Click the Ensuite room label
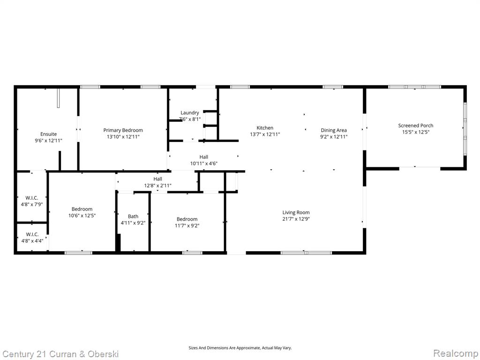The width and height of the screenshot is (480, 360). tap(48, 134)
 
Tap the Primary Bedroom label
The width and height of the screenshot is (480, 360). tap(123, 130)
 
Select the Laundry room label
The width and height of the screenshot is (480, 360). tap(190, 112)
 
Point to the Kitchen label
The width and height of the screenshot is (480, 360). tap(265, 127)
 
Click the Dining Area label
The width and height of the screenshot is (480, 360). tap(334, 130)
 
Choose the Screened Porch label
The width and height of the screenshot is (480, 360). tap(416, 126)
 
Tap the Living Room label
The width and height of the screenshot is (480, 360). tap(296, 212)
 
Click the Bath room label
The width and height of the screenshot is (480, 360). tap(133, 217)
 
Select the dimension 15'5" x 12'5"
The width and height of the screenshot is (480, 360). tap(416, 132)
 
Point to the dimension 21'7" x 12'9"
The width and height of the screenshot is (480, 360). tap(296, 219)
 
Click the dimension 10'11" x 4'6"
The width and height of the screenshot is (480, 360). tap(204, 164)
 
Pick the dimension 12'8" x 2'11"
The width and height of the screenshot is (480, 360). tap(157, 186)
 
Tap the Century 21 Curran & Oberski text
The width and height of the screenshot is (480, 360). tap(60, 354)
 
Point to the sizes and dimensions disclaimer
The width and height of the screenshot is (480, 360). tap(240, 348)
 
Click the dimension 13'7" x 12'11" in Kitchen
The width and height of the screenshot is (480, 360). tap(265, 135)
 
